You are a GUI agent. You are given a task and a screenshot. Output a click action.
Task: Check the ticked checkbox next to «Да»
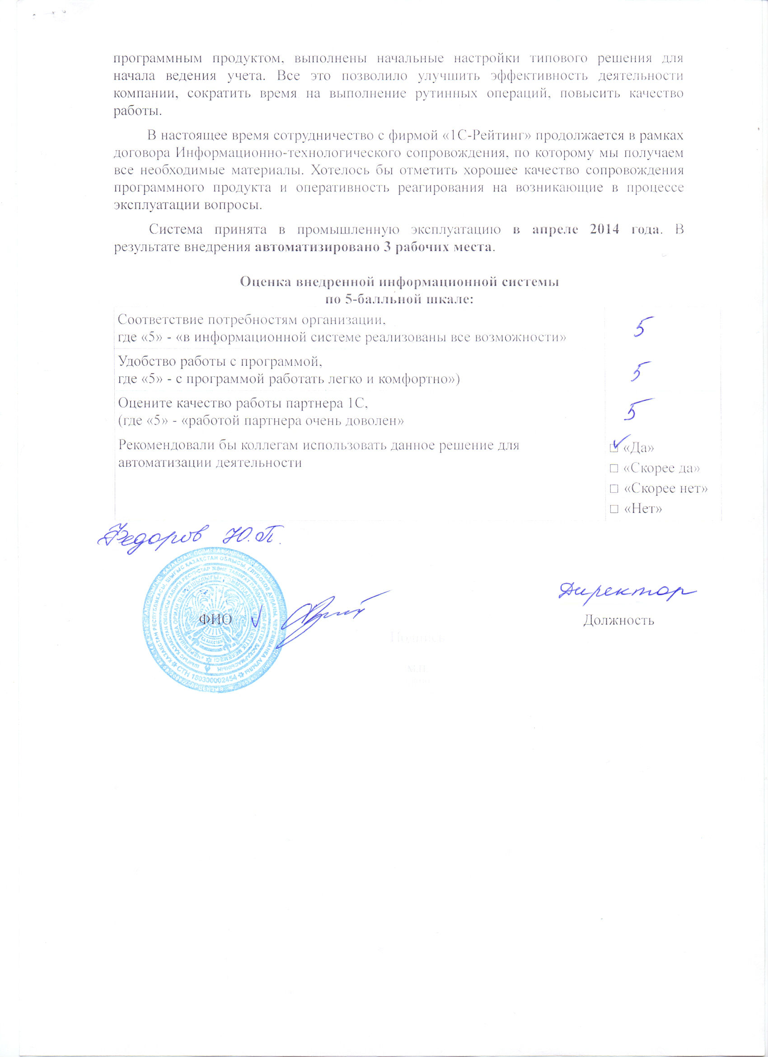614,449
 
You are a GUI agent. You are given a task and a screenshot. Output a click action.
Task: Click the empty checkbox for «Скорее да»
614,468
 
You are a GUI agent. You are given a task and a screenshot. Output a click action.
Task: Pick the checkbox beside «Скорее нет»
614,489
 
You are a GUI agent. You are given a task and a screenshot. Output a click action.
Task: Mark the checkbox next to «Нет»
614,510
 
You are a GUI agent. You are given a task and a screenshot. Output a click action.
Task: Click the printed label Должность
618,620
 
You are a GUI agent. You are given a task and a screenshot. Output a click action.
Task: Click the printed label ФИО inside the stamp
215,619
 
